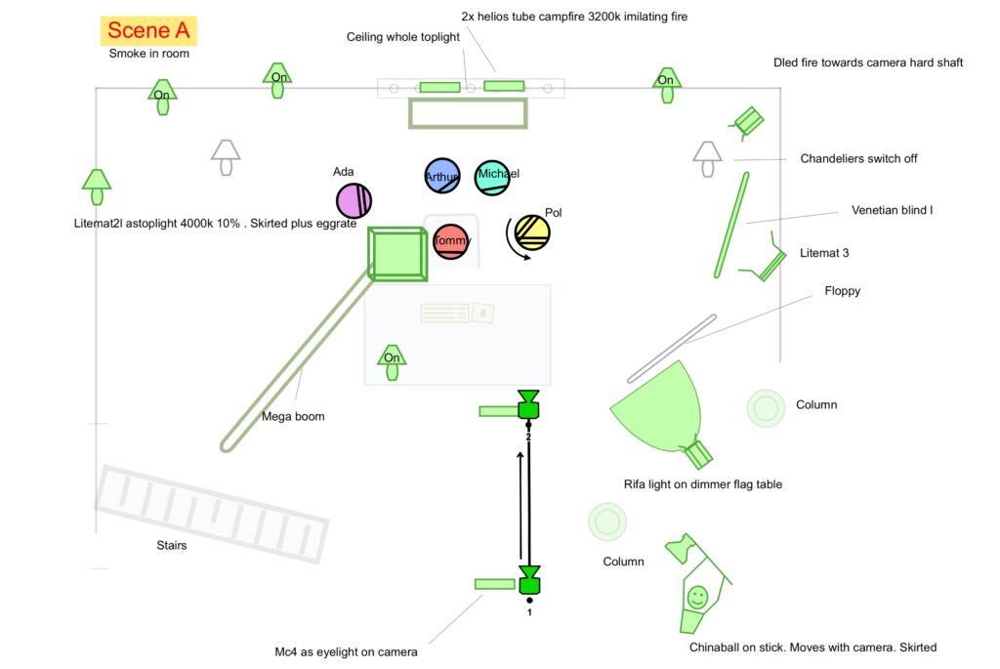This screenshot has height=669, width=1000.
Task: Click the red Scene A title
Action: (148, 30)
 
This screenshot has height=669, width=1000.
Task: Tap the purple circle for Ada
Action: (354, 200)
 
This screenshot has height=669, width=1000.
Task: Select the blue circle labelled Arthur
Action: (441, 177)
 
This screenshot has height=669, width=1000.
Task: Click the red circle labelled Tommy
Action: (450, 241)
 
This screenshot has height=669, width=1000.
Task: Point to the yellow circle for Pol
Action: (533, 232)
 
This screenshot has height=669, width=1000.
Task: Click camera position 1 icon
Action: (529, 580)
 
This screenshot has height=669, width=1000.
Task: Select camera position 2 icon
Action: (528, 405)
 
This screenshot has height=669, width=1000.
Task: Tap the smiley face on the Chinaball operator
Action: (697, 595)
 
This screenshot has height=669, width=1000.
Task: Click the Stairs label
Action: (171, 546)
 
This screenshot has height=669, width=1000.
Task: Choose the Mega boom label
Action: (293, 417)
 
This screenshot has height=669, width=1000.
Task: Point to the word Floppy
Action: (842, 291)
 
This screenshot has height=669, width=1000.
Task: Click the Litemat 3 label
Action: (824, 253)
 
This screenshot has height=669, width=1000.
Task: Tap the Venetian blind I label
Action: (892, 210)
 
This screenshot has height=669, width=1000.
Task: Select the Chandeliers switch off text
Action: (858, 158)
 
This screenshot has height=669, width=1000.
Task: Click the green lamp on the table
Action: (392, 359)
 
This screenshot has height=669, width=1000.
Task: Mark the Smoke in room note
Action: (148, 54)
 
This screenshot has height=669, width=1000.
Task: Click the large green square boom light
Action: (396, 254)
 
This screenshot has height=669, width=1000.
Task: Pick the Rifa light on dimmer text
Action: (702, 484)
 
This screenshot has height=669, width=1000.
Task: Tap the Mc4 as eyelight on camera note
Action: (346, 652)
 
